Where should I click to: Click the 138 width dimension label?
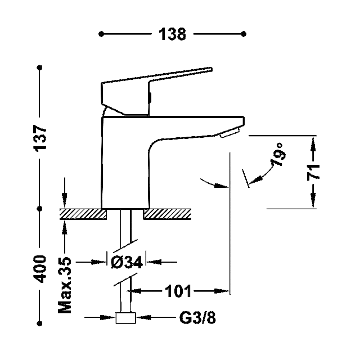tap(172, 34)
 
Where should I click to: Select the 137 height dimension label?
tap(40, 138)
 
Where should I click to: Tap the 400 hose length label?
tap(40, 269)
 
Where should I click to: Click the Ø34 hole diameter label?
tap(127, 262)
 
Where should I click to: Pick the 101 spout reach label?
tap(178, 291)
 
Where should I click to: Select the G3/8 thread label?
tap(197, 318)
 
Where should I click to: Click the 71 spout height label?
tap(314, 172)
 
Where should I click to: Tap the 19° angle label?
tap(278, 154)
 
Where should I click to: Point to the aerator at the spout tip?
tap(229, 133)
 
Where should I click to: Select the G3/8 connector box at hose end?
tap(125, 318)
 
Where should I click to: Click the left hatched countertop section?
tap(83, 214)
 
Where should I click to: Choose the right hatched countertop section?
tap(167, 214)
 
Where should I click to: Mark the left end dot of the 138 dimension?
tap(101, 34)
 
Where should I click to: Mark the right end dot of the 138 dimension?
tap(244, 34)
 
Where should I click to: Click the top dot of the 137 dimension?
tap(40, 67)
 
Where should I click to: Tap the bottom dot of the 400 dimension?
tap(40, 323)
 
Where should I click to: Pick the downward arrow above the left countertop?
tap(65, 193)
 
